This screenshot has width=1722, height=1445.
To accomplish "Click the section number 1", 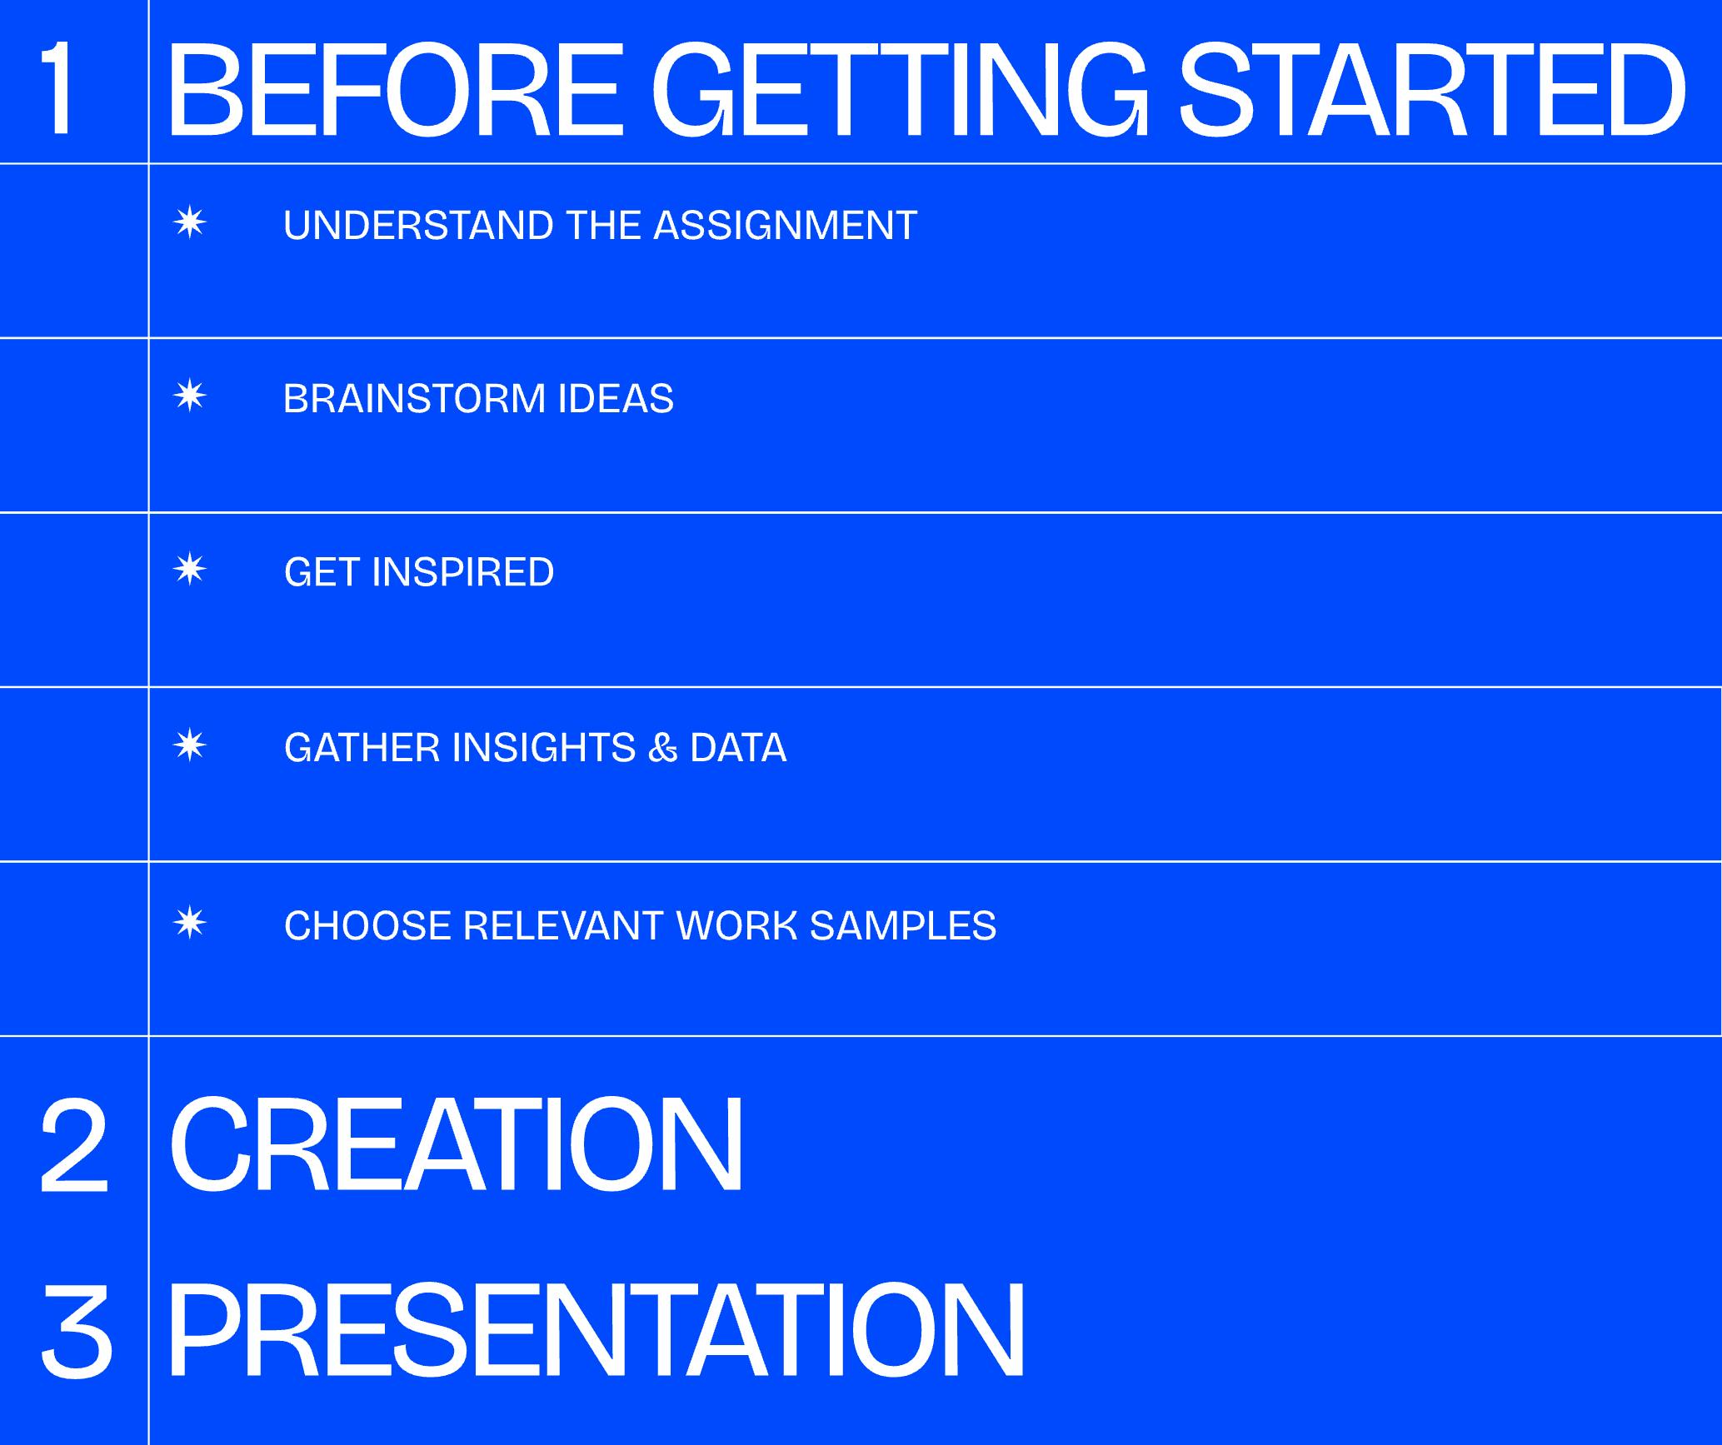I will point(57,89).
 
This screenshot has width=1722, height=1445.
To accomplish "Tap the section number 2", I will point(74,1147).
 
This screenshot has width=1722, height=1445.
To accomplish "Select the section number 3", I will point(77,1329).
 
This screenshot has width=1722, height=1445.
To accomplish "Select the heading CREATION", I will point(456,1147).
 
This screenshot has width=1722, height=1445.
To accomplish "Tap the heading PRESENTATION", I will point(596,1330).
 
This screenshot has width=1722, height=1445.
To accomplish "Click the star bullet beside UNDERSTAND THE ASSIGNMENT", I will point(190,224).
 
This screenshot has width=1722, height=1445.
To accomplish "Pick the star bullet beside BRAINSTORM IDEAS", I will point(190,396).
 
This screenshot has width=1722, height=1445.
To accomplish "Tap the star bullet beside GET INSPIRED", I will point(190,571).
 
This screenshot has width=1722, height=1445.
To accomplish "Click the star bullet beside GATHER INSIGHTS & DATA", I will point(190,745).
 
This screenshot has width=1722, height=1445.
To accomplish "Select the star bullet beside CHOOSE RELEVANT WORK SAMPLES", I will point(190,924).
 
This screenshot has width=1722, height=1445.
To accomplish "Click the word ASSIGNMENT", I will point(785,226).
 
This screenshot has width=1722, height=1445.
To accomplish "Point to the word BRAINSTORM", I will point(414,399).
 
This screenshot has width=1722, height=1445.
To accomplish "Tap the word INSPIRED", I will point(462,573).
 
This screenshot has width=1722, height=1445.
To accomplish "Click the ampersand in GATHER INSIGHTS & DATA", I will point(662,748).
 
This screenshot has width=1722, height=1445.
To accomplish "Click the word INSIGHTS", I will point(543,748).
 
